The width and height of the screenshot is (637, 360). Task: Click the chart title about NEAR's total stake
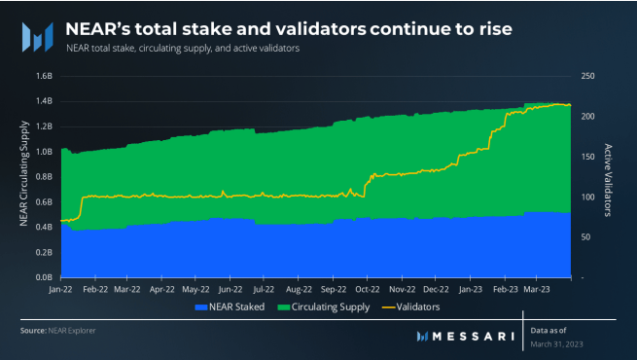[289, 28]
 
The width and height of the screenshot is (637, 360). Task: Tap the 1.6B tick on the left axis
[43, 76]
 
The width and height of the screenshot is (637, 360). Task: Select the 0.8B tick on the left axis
[43, 176]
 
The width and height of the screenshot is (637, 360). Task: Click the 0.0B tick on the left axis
[43, 277]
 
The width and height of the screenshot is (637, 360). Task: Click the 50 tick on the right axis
[587, 236]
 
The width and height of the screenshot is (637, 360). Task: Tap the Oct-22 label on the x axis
[368, 289]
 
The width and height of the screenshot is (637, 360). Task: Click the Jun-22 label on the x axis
[230, 289]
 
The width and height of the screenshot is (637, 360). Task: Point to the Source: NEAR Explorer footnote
[57, 331]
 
